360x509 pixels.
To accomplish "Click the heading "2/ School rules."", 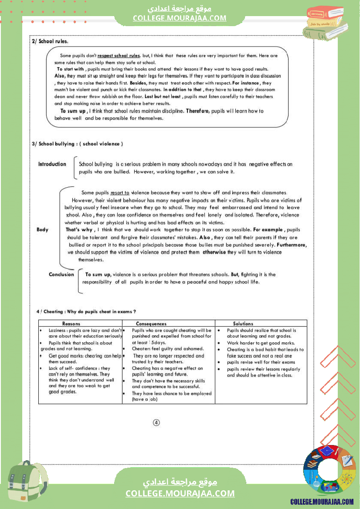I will point(50,42).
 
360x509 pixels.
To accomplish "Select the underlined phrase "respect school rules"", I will point(119,56).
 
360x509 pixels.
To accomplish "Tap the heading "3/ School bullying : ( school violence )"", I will point(78,144).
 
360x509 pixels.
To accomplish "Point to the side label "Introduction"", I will point(52,164).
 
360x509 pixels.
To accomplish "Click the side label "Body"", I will point(43,229).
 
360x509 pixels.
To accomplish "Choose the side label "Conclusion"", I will point(61,274).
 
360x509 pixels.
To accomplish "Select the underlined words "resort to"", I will point(120,192).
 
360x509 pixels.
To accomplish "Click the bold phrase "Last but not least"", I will point(163,96).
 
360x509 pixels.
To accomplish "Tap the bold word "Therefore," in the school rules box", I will point(198,111).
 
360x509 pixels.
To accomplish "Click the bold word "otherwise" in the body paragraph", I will point(214,252).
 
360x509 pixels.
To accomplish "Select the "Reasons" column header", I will point(71,324).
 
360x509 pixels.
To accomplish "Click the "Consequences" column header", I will point(151,324).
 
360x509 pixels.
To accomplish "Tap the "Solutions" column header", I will point(243,324).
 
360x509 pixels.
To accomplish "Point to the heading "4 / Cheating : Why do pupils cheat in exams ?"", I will point(86,311).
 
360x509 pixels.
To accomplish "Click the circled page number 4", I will point(156,422).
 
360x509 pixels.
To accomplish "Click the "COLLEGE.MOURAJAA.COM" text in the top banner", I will point(180,18).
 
